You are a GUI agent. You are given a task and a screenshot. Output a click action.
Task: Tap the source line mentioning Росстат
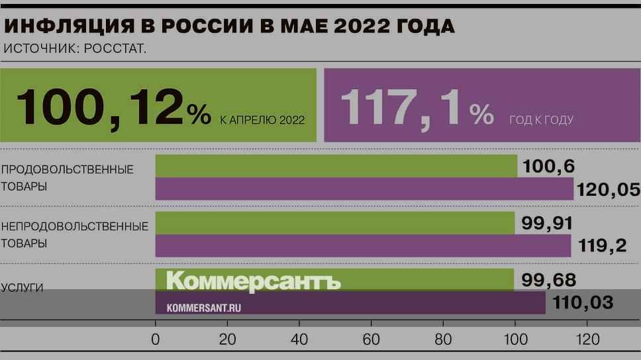pos(75,48)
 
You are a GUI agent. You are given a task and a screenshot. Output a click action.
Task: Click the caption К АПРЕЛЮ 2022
pos(262,120)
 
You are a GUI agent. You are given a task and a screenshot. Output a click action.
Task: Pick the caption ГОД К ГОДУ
pos(541,120)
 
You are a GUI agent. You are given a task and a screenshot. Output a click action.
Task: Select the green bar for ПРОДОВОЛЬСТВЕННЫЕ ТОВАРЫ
pos(336,166)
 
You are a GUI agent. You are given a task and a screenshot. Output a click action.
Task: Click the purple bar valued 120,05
pos(364,189)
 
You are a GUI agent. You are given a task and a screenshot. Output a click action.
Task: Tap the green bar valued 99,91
pos(334,223)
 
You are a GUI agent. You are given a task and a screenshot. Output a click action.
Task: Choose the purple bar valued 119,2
pos(362,246)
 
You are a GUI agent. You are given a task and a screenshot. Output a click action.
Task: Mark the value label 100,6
pos(548,166)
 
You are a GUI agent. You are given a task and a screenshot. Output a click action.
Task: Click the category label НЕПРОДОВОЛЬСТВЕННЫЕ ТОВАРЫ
pos(74,234)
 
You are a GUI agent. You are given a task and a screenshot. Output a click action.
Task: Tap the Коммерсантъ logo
pos(253,281)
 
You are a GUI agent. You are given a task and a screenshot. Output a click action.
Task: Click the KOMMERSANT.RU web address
pos(203,308)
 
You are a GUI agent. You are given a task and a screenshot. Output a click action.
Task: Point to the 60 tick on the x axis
pos(371,340)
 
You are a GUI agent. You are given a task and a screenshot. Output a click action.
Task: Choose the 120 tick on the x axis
pos(587,340)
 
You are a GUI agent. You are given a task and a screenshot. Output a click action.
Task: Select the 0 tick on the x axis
pos(156,340)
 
